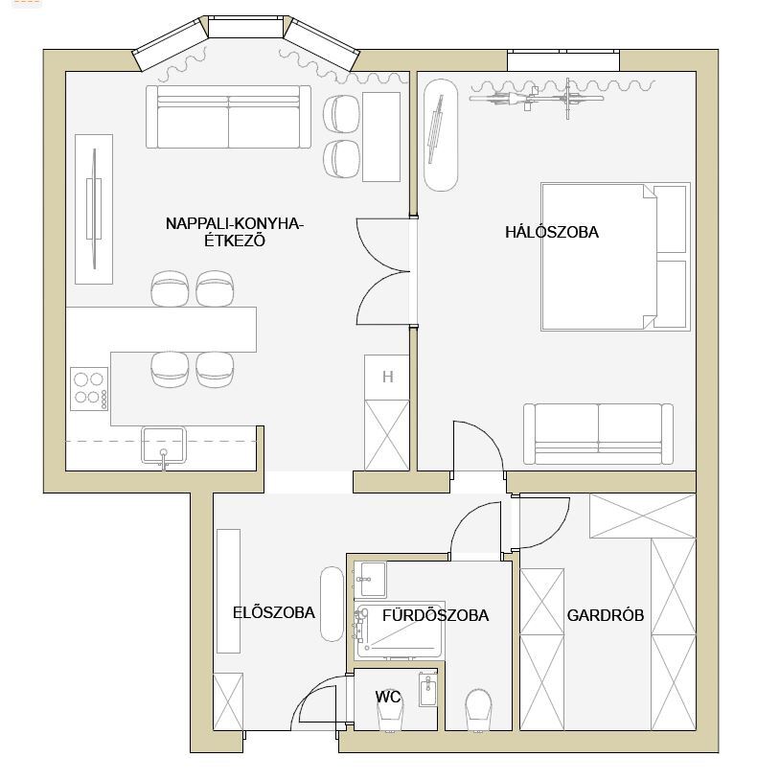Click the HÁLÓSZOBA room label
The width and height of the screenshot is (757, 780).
[552, 232]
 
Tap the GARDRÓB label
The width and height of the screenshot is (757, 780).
[606, 615]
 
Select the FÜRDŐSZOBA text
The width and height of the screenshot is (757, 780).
[435, 615]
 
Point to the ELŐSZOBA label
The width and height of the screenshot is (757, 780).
[273, 612]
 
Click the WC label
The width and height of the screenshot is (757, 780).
[388, 697]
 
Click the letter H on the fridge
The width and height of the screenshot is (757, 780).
[388, 378]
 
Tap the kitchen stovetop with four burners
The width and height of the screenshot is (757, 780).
[89, 388]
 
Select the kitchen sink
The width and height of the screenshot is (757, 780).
[164, 446]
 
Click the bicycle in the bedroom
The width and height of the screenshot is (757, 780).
[537, 98]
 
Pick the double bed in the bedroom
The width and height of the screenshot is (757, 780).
[615, 257]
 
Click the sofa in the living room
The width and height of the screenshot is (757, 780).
[228, 117]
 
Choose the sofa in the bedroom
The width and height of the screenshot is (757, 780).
[598, 434]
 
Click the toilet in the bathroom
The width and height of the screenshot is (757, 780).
[478, 710]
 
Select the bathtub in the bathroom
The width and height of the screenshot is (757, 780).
[400, 631]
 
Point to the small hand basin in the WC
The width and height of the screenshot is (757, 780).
[427, 689]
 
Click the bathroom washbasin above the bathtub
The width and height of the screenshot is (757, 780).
[370, 580]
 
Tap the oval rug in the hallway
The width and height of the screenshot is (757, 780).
[332, 604]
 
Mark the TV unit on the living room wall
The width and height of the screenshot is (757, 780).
[94, 209]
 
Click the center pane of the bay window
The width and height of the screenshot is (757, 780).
[245, 27]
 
